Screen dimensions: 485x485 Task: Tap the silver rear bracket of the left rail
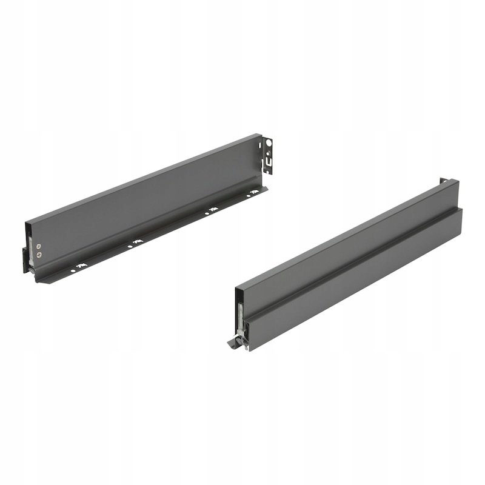[267, 155]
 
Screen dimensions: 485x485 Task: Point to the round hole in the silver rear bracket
[269, 142]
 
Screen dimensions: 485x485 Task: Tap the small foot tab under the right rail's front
[233, 343]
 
